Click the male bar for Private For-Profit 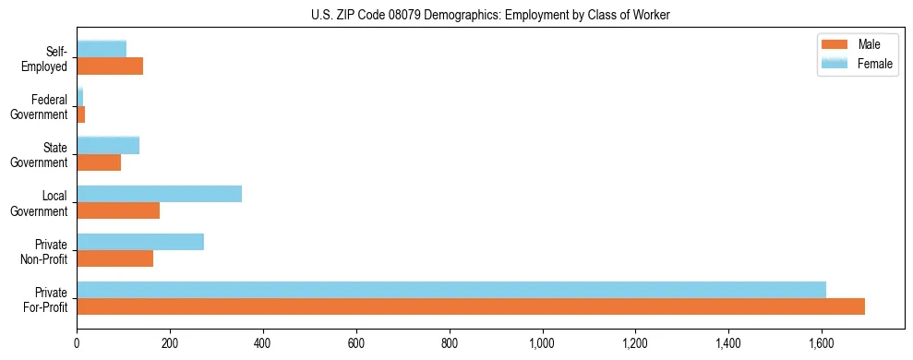471,306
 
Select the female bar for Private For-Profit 451,290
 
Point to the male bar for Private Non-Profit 115,258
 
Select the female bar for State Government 108,145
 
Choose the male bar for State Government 99,162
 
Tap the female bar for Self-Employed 102,49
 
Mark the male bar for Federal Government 81,114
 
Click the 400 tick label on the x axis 263,343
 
